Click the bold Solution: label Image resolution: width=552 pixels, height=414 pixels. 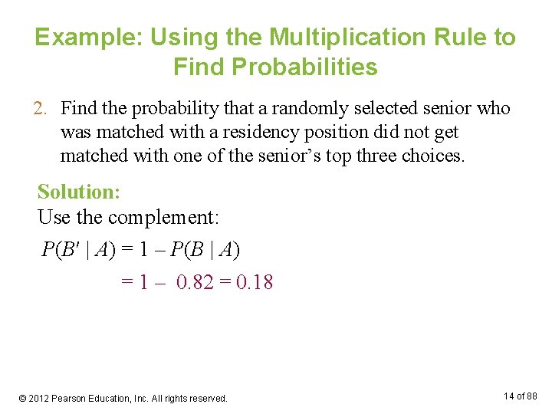[x=78, y=192]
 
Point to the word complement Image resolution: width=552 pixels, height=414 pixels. [x=163, y=218]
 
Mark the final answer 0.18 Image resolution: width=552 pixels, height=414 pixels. [x=254, y=282]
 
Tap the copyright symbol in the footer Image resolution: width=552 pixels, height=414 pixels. [x=24, y=399]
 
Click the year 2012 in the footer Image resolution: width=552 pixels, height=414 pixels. [x=39, y=399]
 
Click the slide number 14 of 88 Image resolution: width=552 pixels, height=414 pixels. [x=521, y=396]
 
